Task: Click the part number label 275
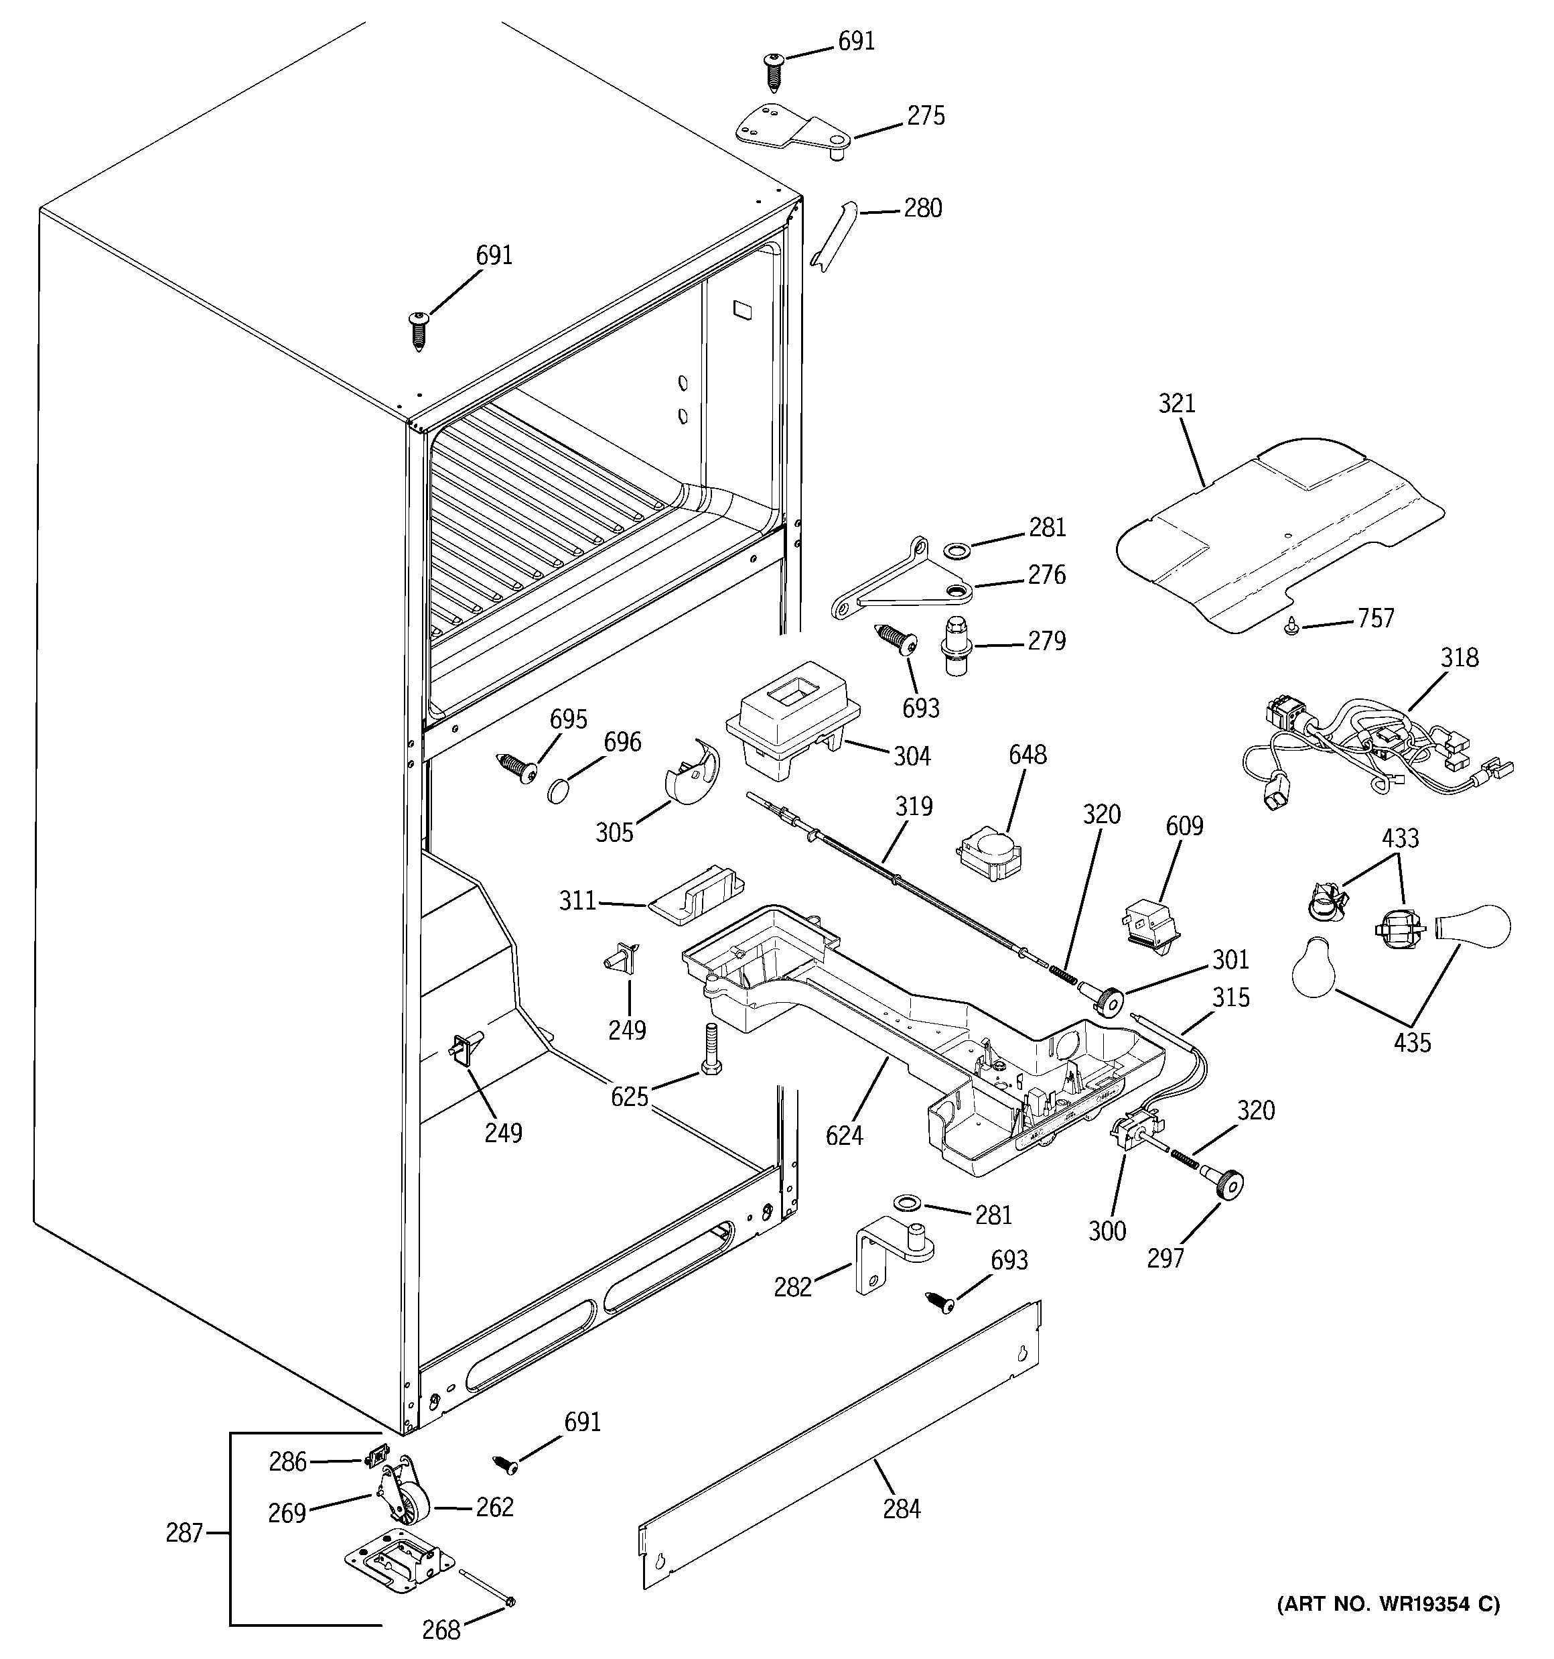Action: pos(926,116)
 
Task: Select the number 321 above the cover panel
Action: pos(1177,404)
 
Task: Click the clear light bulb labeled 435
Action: pos(1474,926)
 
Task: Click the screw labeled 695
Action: pos(517,765)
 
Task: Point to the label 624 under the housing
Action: pos(843,1135)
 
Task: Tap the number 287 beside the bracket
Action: pos(184,1532)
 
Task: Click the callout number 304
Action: pos(912,756)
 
